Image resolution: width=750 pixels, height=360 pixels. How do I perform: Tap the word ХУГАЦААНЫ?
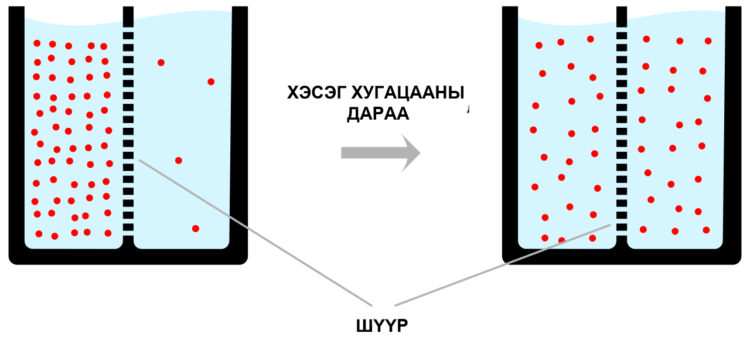[x=408, y=93]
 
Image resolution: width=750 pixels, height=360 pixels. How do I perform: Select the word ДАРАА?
[x=378, y=114]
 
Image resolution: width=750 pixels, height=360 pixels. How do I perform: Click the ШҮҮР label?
[x=382, y=326]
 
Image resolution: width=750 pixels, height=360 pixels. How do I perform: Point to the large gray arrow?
[x=381, y=153]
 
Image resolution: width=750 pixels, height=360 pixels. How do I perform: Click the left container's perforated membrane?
[x=128, y=131]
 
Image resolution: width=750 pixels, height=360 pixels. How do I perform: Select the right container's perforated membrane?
[x=622, y=131]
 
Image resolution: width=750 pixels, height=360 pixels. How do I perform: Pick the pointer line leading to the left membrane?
[x=255, y=233]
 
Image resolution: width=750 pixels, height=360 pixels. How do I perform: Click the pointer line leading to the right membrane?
[x=503, y=265]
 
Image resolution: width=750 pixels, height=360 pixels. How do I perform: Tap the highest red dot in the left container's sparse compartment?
[x=161, y=63]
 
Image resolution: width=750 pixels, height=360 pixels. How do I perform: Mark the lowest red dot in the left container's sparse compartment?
[x=196, y=229]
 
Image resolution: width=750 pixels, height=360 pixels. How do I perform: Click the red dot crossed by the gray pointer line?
[x=562, y=240]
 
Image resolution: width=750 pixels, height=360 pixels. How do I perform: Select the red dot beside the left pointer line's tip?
[x=179, y=161]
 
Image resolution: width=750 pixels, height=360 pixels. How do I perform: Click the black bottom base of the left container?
[x=128, y=257]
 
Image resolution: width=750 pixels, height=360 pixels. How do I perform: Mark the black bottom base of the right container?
[x=622, y=257]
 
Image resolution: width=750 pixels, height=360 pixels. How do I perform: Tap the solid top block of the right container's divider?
[x=622, y=17]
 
